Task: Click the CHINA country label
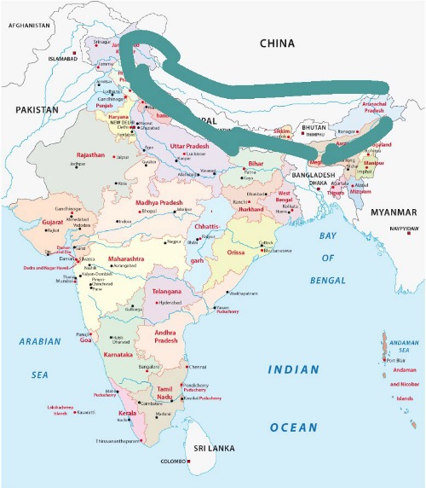coord(278,44)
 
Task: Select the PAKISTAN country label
coord(36,110)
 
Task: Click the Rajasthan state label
coord(90,155)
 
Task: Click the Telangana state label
coord(167,291)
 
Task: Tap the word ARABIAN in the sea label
coord(40,341)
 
